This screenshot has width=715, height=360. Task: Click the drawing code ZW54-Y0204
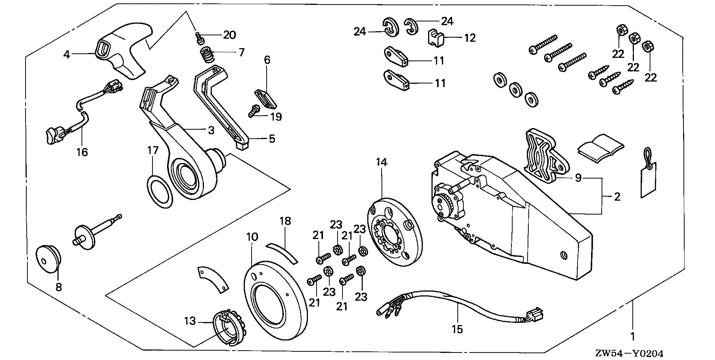(629, 353)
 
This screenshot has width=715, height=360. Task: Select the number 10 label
(252, 237)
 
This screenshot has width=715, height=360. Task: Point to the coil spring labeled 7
(207, 56)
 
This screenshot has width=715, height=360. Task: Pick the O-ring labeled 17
(160, 192)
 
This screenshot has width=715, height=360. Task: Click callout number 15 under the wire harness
(457, 330)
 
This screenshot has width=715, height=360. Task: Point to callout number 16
(82, 152)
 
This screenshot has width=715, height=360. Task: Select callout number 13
(190, 321)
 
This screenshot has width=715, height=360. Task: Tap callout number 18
(285, 221)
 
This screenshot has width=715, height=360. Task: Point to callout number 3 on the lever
(211, 130)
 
